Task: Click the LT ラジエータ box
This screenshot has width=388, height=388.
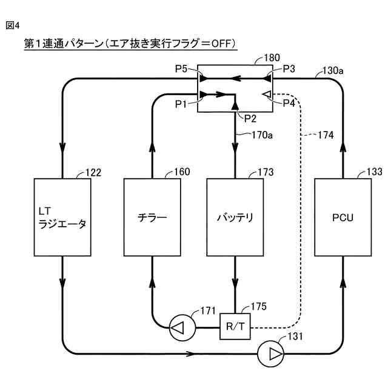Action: point(62,217)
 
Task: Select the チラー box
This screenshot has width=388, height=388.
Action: point(152,217)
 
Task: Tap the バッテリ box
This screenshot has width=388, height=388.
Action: point(235,217)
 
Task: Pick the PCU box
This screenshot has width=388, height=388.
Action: point(343,217)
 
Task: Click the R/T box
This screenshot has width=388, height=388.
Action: point(235,326)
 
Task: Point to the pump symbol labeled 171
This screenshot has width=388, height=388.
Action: point(182,328)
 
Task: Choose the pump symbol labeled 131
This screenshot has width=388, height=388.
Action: point(270,354)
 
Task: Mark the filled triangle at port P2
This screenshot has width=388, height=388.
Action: point(235,105)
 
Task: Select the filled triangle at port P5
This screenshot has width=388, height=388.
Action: point(204,79)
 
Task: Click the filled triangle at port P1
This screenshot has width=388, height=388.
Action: point(204,95)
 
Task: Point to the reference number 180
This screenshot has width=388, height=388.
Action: point(272,58)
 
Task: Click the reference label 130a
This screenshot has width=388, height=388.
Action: point(333,70)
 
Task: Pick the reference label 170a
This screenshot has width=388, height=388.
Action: point(262,135)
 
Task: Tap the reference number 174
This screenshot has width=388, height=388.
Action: point(326,135)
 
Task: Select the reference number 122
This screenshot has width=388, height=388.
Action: point(93,172)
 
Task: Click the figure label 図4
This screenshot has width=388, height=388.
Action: point(12,25)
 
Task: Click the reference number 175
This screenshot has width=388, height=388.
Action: point(259,307)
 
